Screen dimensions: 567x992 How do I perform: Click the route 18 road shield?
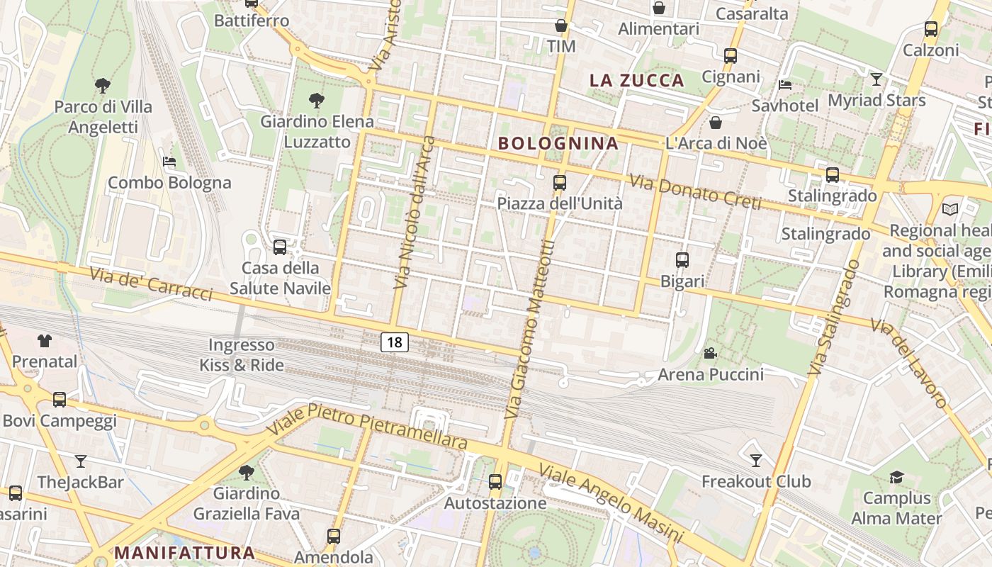[x=395, y=342]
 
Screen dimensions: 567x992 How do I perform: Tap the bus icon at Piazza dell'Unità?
[x=560, y=183]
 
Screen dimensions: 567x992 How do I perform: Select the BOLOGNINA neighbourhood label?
[x=558, y=143]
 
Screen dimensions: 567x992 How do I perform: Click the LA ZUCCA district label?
[x=637, y=80]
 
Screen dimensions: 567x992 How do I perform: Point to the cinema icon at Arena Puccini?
[x=710, y=353]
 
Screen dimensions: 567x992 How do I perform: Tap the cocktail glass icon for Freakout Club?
[x=756, y=461]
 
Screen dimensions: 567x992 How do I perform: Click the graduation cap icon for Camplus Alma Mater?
[x=896, y=477]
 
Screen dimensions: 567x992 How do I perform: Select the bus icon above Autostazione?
[x=495, y=482]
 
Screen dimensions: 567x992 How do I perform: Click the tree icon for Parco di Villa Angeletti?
[x=103, y=86]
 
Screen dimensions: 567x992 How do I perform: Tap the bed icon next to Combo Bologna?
[x=169, y=162]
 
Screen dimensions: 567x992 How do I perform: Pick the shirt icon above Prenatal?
[x=45, y=341]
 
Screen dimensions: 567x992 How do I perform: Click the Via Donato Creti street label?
[x=695, y=193]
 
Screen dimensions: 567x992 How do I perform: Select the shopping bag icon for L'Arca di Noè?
[x=716, y=123]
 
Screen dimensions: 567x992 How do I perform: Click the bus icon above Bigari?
[x=682, y=260]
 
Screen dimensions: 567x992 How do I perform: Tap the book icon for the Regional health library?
[x=949, y=210]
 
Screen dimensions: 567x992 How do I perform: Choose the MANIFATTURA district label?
[x=184, y=552]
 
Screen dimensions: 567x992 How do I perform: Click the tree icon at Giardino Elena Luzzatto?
[x=317, y=101]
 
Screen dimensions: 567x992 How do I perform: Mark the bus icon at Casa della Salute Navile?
[x=280, y=247]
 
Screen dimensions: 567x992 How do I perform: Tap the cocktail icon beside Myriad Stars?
[x=877, y=79]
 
